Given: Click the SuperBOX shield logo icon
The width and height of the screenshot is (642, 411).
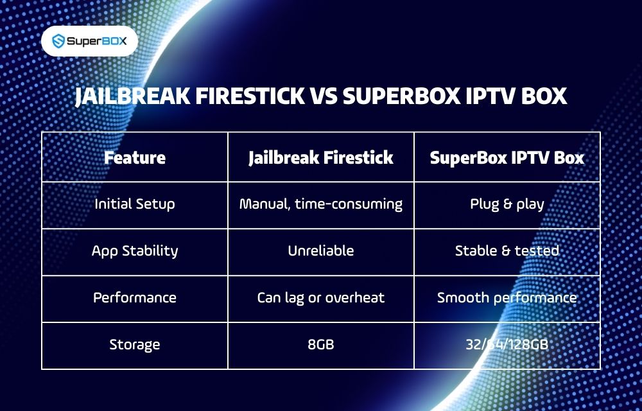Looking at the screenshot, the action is [58, 41].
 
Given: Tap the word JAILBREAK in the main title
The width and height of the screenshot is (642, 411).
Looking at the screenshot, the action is [132, 96].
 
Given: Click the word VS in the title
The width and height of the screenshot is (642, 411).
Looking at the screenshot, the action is [323, 96].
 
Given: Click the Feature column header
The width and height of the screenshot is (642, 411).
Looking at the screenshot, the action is [135, 157].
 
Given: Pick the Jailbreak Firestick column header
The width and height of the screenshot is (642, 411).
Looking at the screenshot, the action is [321, 157].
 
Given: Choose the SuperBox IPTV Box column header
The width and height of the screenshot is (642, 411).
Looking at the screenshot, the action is [507, 157].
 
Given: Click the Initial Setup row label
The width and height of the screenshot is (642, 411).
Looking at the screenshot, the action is [135, 204].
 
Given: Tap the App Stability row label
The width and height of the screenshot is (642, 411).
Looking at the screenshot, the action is [135, 250].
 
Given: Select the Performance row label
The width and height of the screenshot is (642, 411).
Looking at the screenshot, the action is [135, 297].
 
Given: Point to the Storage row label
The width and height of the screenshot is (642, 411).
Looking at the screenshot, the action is [135, 344].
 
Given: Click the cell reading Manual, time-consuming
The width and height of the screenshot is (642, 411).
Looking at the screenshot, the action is [321, 204].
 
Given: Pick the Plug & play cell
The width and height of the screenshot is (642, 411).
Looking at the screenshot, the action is [507, 204].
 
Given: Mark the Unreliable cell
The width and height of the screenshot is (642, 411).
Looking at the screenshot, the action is [321, 250].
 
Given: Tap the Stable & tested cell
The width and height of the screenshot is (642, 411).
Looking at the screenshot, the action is [507, 250].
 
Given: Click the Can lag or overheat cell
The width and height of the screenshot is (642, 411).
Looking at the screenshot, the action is [321, 297].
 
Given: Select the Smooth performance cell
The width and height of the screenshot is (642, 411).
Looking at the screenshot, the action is [507, 297].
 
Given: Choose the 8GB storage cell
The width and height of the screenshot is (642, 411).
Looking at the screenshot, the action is [321, 344].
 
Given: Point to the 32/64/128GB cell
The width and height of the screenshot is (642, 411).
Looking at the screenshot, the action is [507, 344].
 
